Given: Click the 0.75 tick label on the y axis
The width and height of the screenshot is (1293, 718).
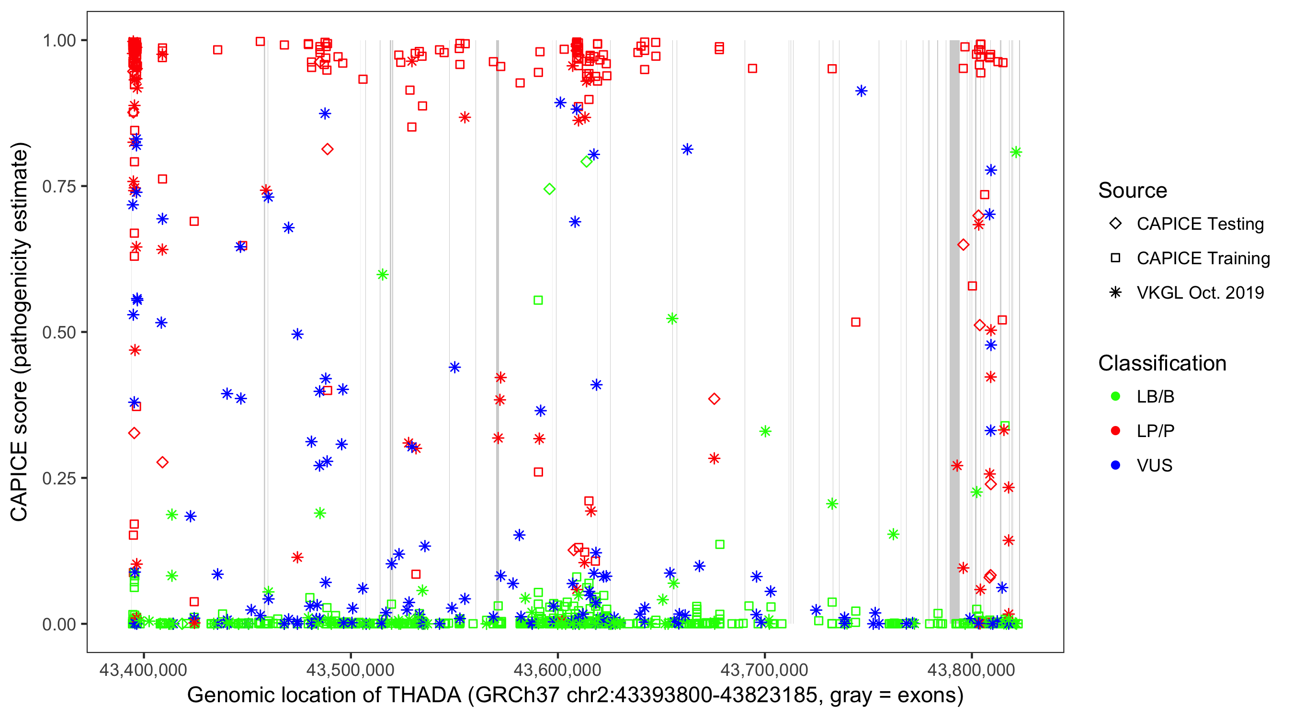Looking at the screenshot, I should [x=58, y=187].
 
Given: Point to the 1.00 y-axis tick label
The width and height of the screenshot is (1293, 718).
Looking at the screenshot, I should [x=58, y=41].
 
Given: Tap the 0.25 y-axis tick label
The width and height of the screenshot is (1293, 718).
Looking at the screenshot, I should [x=58, y=478].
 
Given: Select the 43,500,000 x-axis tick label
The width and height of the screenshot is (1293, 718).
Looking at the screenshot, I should [x=351, y=670].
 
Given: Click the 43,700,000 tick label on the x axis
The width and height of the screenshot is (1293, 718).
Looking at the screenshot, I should [x=764, y=670].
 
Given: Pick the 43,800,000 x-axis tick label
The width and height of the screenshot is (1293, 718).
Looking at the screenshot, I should [x=971, y=670].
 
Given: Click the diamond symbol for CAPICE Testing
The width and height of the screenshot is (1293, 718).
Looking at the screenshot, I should [x=1115, y=224].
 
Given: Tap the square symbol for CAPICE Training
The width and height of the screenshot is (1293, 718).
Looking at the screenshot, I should [x=1115, y=258].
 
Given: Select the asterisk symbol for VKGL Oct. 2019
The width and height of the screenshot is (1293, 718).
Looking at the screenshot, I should [x=1115, y=292].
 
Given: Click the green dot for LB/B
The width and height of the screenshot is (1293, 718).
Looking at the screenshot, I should [x=1115, y=397].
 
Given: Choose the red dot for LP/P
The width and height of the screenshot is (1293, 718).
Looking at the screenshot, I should [x=1115, y=431].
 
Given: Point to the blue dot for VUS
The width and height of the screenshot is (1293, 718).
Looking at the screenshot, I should [x=1115, y=466].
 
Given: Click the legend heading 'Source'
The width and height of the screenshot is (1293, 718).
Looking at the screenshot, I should [x=1133, y=191].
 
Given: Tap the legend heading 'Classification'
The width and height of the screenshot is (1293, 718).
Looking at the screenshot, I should [x=1162, y=363].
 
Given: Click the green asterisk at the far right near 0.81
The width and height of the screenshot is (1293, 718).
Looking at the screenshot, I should [x=1016, y=152].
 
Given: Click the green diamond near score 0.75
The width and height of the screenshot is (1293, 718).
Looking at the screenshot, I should [x=550, y=189].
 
